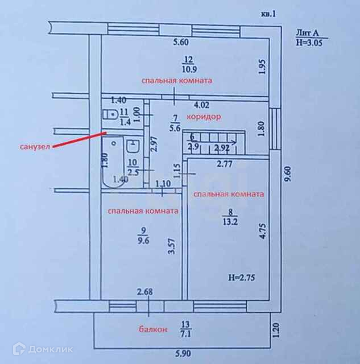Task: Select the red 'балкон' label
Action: click(152, 329)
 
